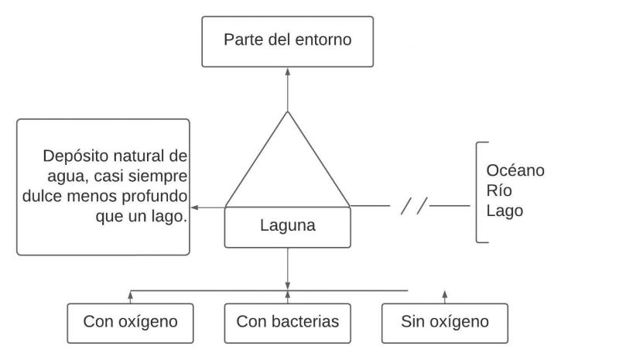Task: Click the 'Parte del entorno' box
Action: (x=287, y=40)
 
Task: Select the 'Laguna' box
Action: (x=287, y=228)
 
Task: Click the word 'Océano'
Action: (x=515, y=170)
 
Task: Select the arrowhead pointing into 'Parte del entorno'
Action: (x=287, y=70)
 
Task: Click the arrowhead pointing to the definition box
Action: (x=194, y=207)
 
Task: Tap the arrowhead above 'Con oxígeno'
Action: (x=130, y=293)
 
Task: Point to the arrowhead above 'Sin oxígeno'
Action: (x=445, y=293)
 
